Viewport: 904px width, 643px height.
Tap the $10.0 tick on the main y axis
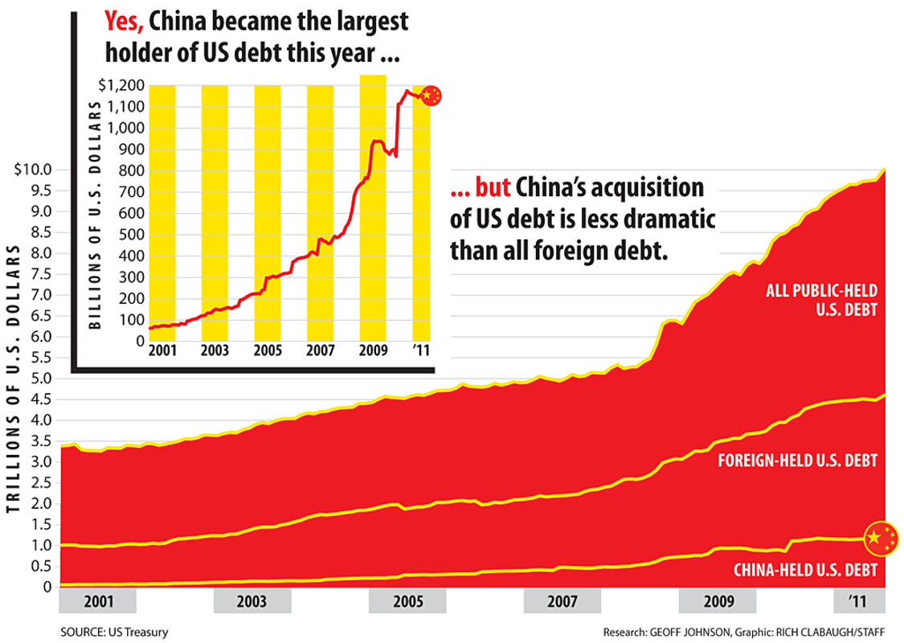point(34,170)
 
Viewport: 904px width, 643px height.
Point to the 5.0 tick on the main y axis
point(40,379)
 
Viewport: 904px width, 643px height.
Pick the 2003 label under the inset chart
point(215,351)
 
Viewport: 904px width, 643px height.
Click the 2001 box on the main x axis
point(98,601)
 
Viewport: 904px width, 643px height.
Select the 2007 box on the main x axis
point(562,601)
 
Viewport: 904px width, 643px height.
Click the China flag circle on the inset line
point(432,95)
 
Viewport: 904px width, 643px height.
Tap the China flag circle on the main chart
point(881,538)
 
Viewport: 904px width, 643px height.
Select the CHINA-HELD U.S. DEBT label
point(805,571)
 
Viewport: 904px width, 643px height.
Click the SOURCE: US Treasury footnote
point(114,633)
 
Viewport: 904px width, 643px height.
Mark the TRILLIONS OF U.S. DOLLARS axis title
point(14,386)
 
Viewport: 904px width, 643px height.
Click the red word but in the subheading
point(489,188)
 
